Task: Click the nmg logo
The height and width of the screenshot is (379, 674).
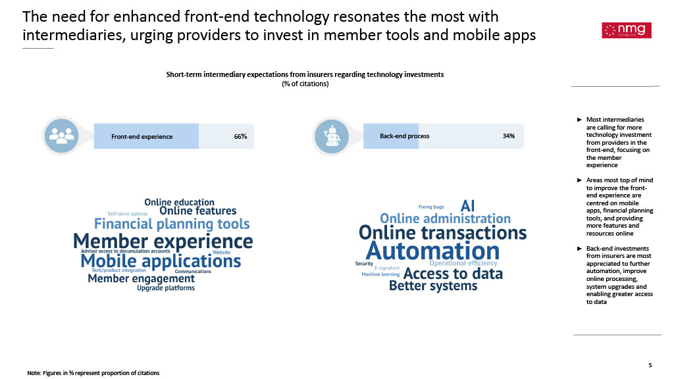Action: [x=627, y=30]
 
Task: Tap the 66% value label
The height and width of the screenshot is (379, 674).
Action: [x=240, y=136]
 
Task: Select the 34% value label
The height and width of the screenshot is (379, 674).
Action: [x=509, y=136]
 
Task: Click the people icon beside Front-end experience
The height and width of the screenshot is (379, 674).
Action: [x=61, y=136]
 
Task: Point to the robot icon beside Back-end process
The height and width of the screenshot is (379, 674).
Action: [x=332, y=136]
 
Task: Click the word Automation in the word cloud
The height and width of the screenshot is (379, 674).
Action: [x=433, y=251]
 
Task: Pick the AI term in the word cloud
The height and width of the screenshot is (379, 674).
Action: [x=467, y=206]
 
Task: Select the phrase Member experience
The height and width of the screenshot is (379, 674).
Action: [x=163, y=241]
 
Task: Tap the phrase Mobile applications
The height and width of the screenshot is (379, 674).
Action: [x=161, y=261]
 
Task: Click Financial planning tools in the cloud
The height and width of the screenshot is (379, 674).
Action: [x=172, y=224]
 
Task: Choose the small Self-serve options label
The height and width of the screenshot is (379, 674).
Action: [x=127, y=214]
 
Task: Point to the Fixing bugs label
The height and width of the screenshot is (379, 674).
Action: [x=430, y=207]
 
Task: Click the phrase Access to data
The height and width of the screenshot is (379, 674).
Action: [x=453, y=273]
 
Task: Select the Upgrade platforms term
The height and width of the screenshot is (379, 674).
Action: [x=166, y=288]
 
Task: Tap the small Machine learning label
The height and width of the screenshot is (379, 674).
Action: [x=380, y=274]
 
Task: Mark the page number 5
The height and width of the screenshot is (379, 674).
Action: [x=650, y=365]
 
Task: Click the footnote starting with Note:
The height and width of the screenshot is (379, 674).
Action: [x=93, y=373]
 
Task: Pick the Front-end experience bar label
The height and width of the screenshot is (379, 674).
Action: [x=142, y=137]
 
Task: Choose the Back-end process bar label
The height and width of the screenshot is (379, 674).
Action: [x=405, y=136]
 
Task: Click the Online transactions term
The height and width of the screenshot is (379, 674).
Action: [x=443, y=232]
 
